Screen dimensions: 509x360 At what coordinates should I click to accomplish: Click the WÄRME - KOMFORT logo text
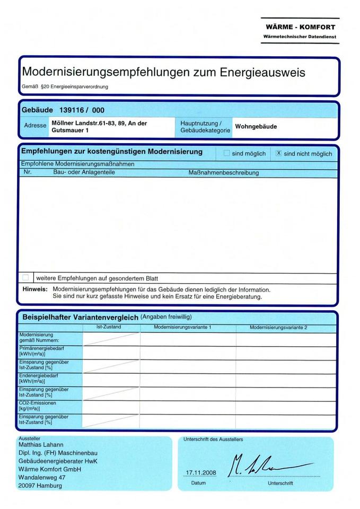(x=301, y=27)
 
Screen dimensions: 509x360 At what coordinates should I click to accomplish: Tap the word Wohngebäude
(x=256, y=127)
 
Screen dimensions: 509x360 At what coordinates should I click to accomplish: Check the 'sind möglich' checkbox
(x=227, y=153)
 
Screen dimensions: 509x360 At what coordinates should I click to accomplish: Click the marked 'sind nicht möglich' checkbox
(x=278, y=153)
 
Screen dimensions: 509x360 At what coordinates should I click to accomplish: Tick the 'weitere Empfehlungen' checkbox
(x=26, y=277)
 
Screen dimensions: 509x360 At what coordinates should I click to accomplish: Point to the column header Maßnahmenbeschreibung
(x=223, y=173)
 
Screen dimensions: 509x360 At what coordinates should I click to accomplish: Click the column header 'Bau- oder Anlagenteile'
(x=84, y=172)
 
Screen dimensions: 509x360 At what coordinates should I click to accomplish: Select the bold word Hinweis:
(x=35, y=289)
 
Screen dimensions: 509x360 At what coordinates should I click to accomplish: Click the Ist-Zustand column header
(x=109, y=327)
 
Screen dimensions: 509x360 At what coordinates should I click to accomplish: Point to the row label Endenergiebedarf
(x=39, y=375)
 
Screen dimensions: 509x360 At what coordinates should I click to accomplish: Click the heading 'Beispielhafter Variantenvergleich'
(x=80, y=317)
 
